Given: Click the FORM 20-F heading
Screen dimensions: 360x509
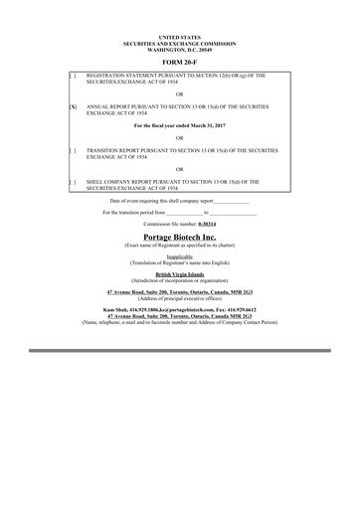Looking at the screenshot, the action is [179, 61].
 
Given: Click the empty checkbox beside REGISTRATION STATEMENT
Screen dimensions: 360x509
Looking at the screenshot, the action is [73, 76].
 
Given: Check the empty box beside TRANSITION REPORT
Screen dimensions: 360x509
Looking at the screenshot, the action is [73, 150].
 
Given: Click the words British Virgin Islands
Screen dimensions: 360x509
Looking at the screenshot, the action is [179, 272].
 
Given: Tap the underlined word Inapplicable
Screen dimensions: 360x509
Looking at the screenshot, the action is [179, 255].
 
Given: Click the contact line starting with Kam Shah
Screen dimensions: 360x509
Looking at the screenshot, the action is [179, 309].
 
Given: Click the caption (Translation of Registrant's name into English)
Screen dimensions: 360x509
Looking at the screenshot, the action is [179, 260].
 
